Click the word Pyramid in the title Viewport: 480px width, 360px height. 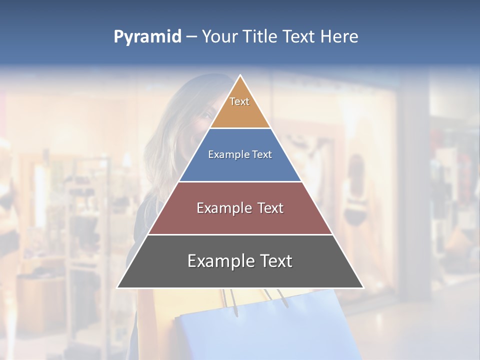point(147,37)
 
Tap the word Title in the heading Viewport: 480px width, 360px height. point(260,37)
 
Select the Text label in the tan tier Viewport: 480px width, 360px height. point(239,101)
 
